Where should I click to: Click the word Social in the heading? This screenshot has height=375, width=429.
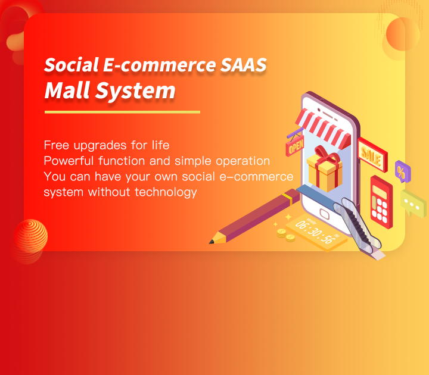pos(71,65)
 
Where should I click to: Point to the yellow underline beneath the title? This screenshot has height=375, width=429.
pos(122,112)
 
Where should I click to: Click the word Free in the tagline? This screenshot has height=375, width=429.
pos(57,145)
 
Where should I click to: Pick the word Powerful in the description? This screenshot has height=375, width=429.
pos(69,161)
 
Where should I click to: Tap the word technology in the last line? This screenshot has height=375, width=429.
pos(166,192)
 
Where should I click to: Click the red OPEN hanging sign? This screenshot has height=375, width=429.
pos(295,146)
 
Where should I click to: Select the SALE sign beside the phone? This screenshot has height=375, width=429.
pos(372,155)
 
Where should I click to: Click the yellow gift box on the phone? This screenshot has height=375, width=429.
pos(325,173)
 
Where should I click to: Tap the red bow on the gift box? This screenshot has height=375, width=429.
pos(327,154)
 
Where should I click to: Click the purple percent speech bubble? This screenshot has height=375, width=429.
pos(402,171)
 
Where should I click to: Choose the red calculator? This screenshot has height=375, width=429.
pos(381,202)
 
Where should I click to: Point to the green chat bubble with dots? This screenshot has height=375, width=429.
pos(413,203)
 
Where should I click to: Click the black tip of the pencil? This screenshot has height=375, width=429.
pos(212,242)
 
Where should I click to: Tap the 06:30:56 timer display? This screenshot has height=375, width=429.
pos(315,232)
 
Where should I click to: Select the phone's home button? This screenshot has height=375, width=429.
pos(325,214)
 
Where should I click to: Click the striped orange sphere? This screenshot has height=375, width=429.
pos(30,236)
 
